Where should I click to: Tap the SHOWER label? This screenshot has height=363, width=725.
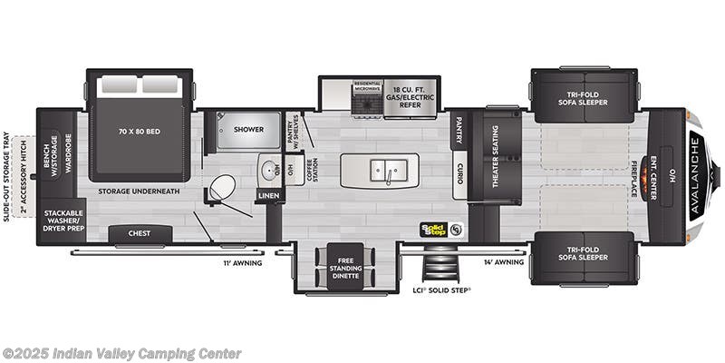point(248,130)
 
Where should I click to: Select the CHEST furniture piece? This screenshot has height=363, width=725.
point(140,233)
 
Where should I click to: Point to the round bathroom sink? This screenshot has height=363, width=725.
point(268,169)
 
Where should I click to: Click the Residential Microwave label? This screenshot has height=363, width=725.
point(365,85)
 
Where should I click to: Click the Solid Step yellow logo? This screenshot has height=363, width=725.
point(434,229)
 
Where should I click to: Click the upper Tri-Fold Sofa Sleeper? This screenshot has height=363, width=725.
point(585,96)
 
